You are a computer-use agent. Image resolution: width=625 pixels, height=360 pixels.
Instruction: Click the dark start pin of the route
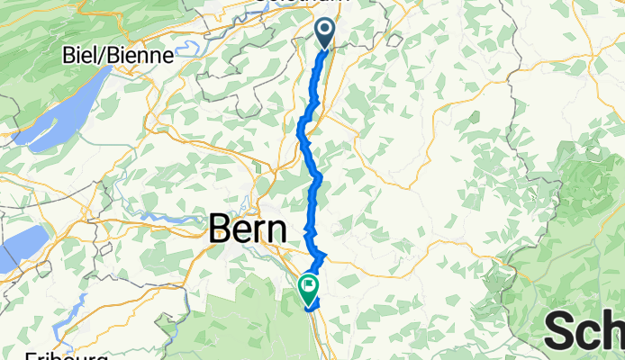[x=324, y=34]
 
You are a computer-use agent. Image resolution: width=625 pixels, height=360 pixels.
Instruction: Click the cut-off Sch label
[x=584, y=332]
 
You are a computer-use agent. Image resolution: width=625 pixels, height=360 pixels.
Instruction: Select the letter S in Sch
[x=560, y=332]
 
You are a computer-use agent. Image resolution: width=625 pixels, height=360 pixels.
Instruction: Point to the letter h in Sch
[x=614, y=332]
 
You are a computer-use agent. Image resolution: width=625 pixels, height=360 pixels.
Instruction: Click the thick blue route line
[x=316, y=180]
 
